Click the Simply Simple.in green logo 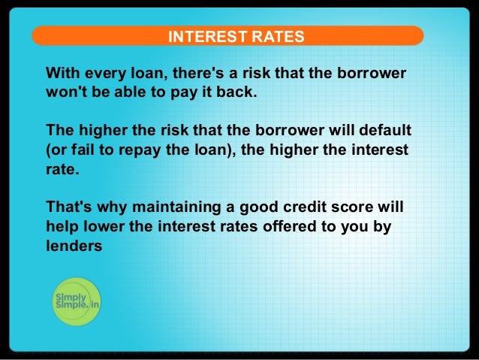point(77,302)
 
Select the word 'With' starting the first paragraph point(62,74)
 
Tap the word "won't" point(65,93)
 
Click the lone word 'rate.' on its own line point(62,168)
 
